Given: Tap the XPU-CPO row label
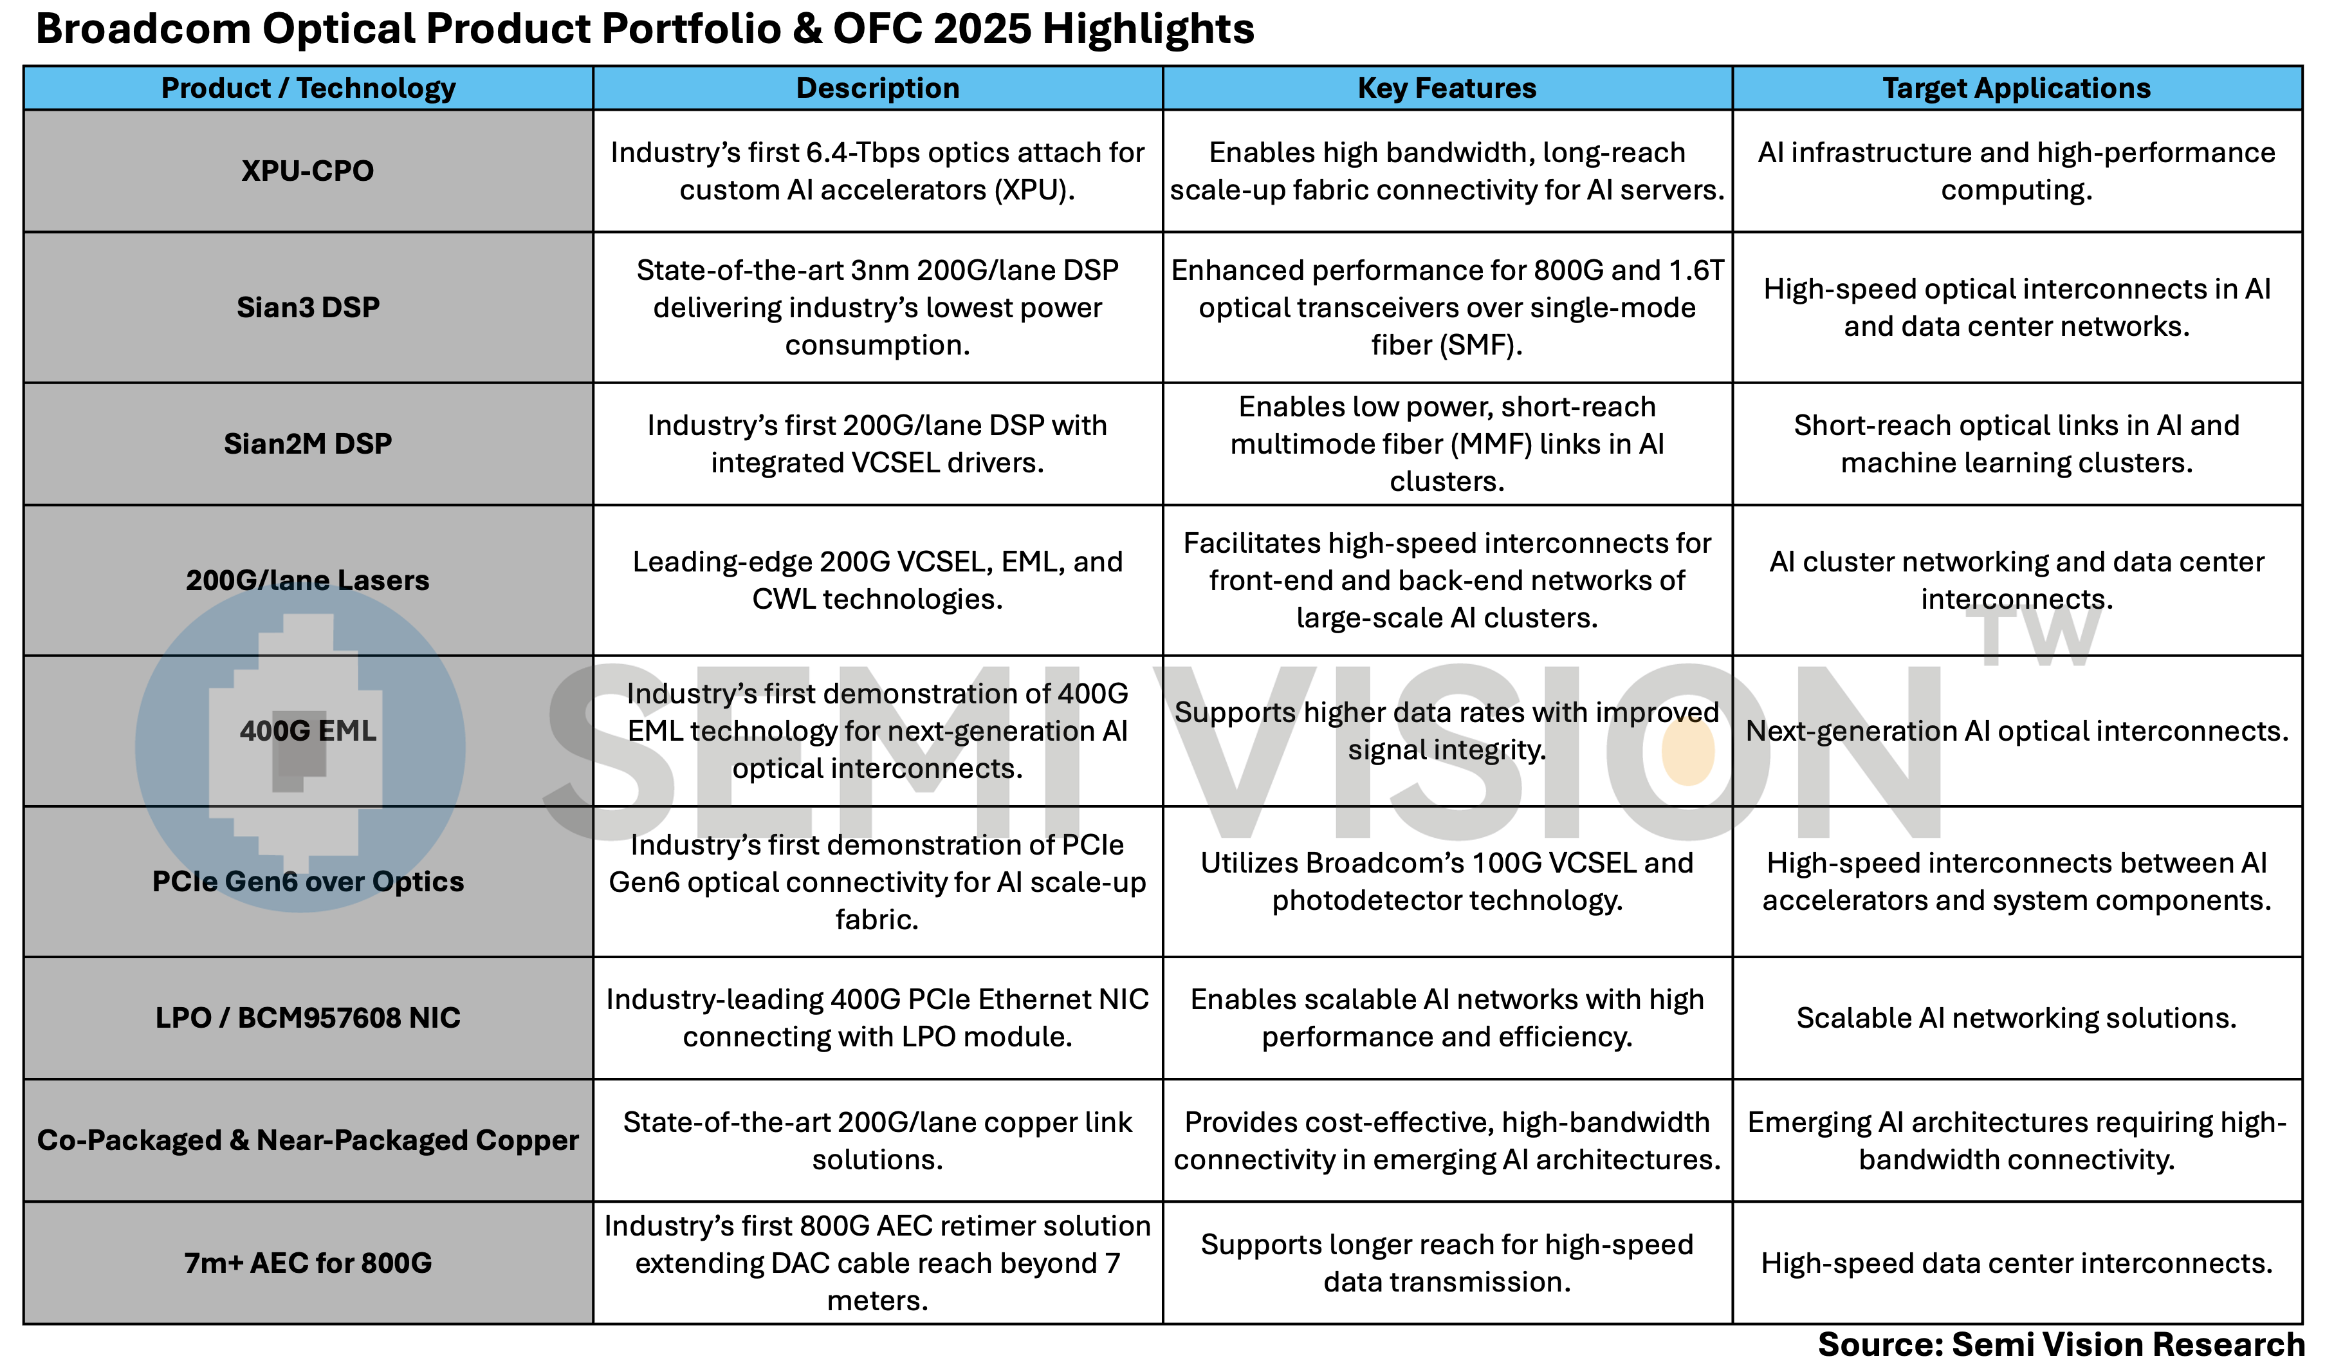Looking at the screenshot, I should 308,171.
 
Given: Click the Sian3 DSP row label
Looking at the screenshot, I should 308,307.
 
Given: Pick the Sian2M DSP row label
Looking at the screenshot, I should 308,444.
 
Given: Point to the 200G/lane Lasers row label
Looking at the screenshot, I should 308,580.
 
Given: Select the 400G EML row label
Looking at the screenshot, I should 308,730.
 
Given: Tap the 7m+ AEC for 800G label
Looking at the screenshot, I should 308,1263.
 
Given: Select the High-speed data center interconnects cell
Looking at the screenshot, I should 2016,1263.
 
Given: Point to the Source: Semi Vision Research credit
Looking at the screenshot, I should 2061,1344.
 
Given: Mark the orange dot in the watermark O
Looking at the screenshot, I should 1687,752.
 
